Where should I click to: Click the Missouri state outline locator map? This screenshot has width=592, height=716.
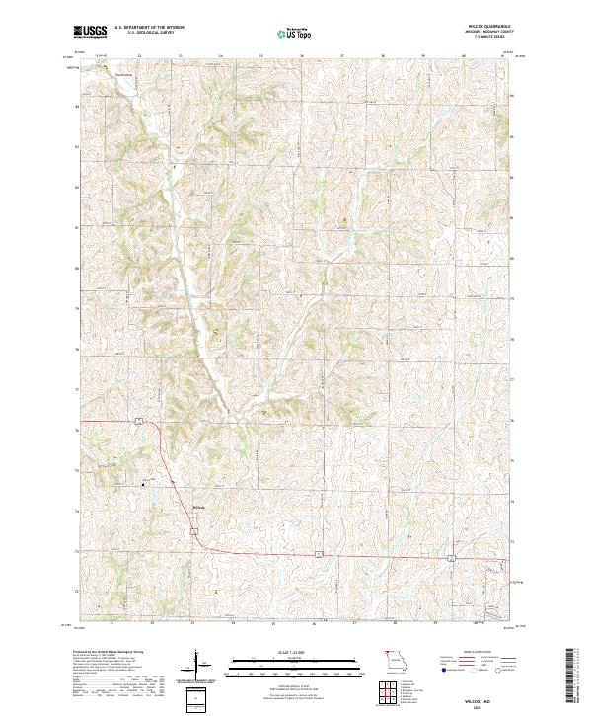[x=396, y=661]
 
